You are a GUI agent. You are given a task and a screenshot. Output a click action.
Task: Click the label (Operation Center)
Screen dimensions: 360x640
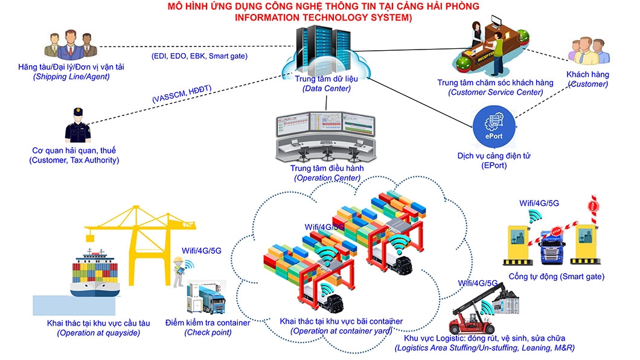327,178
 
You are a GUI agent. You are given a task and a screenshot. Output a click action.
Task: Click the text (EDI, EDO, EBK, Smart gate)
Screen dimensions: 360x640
199,56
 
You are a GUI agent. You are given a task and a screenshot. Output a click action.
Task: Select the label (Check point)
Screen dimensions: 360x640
208,332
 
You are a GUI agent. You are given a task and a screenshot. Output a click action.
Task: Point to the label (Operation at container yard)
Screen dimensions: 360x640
341,331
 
